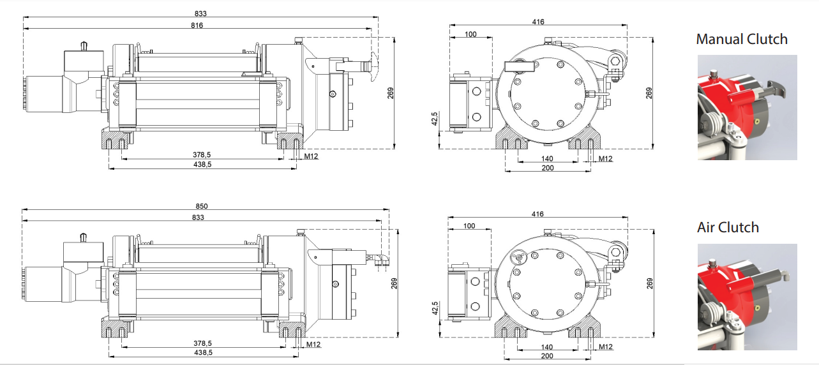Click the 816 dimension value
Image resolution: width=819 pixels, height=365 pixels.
click(x=197, y=25)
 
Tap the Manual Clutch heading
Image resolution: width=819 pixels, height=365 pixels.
click(x=742, y=39)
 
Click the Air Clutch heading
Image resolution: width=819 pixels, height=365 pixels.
click(x=728, y=227)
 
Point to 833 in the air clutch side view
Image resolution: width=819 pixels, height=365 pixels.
click(x=198, y=218)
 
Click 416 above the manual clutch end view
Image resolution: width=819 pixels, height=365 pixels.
click(x=538, y=22)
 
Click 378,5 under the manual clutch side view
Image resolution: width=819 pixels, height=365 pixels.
click(x=202, y=154)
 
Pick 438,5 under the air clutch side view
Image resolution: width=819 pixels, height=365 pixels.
click(x=202, y=352)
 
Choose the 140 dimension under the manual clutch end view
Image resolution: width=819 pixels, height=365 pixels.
click(x=547, y=158)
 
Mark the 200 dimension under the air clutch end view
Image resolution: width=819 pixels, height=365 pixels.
click(x=547, y=355)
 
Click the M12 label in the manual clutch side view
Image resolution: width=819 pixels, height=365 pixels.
click(x=312, y=156)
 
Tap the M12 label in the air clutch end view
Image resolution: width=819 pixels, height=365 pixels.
click(x=605, y=346)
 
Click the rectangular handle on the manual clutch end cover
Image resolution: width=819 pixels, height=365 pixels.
click(x=518, y=65)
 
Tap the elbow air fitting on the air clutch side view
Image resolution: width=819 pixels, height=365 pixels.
click(x=382, y=260)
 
